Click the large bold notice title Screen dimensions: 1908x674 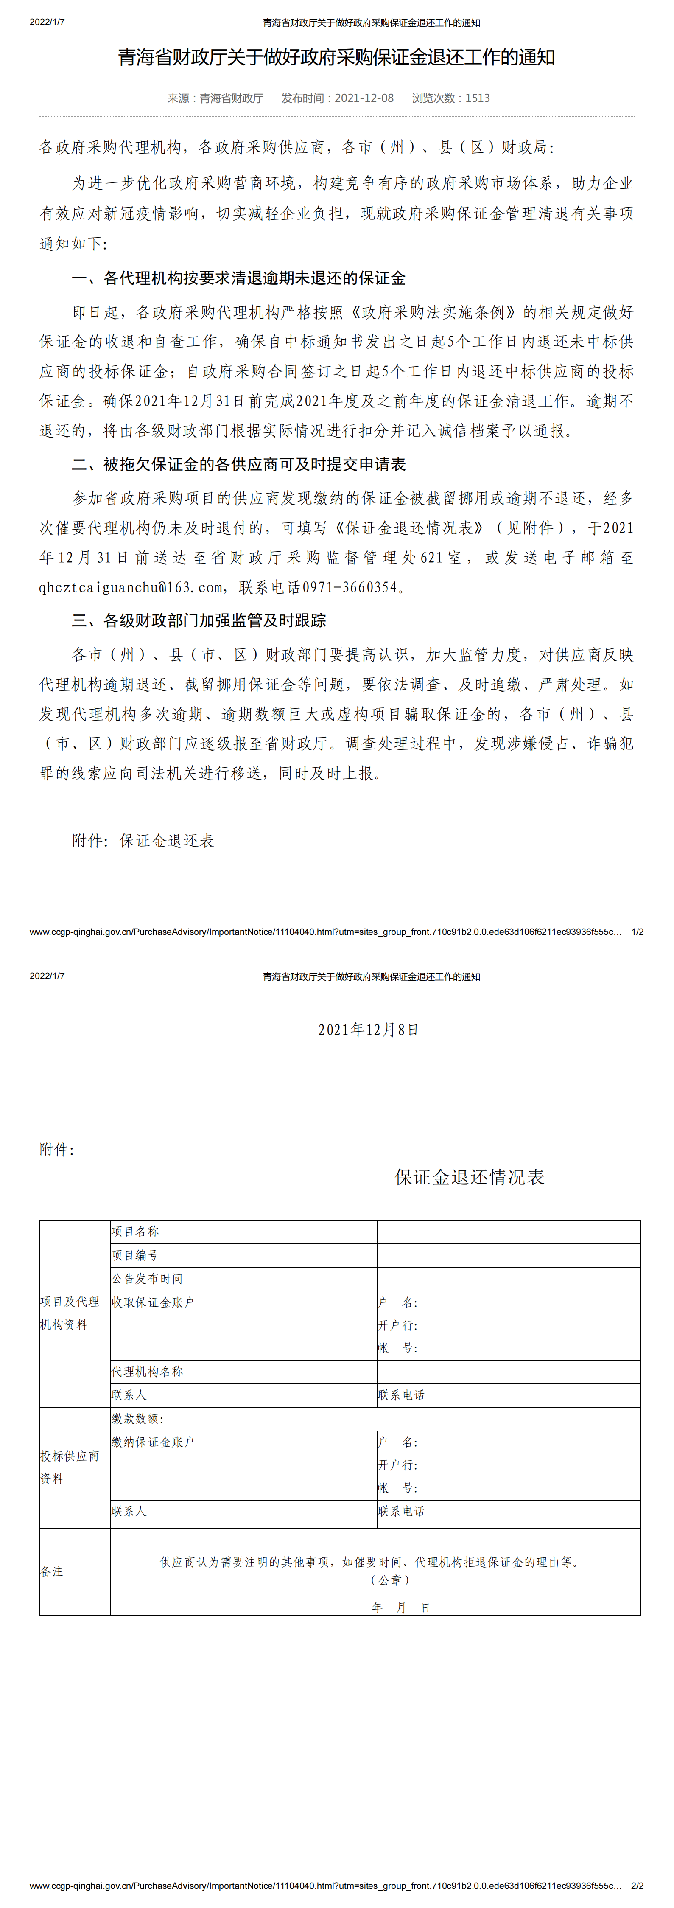click(336, 58)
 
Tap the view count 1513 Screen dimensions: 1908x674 click(477, 98)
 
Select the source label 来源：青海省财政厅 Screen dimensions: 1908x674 click(215, 98)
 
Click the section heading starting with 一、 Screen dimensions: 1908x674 click(238, 278)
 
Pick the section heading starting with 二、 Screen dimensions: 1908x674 click(238, 464)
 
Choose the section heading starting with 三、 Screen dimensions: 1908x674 click(199, 621)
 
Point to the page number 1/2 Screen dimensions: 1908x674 click(637, 932)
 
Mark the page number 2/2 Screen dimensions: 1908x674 click(637, 1886)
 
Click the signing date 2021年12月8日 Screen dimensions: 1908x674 click(368, 1030)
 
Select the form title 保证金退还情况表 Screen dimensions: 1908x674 click(470, 1178)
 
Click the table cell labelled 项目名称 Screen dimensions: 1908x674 click(136, 1232)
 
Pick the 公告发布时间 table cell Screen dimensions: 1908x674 click(147, 1279)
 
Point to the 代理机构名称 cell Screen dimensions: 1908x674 click(147, 1372)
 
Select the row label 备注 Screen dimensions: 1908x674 click(52, 1572)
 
